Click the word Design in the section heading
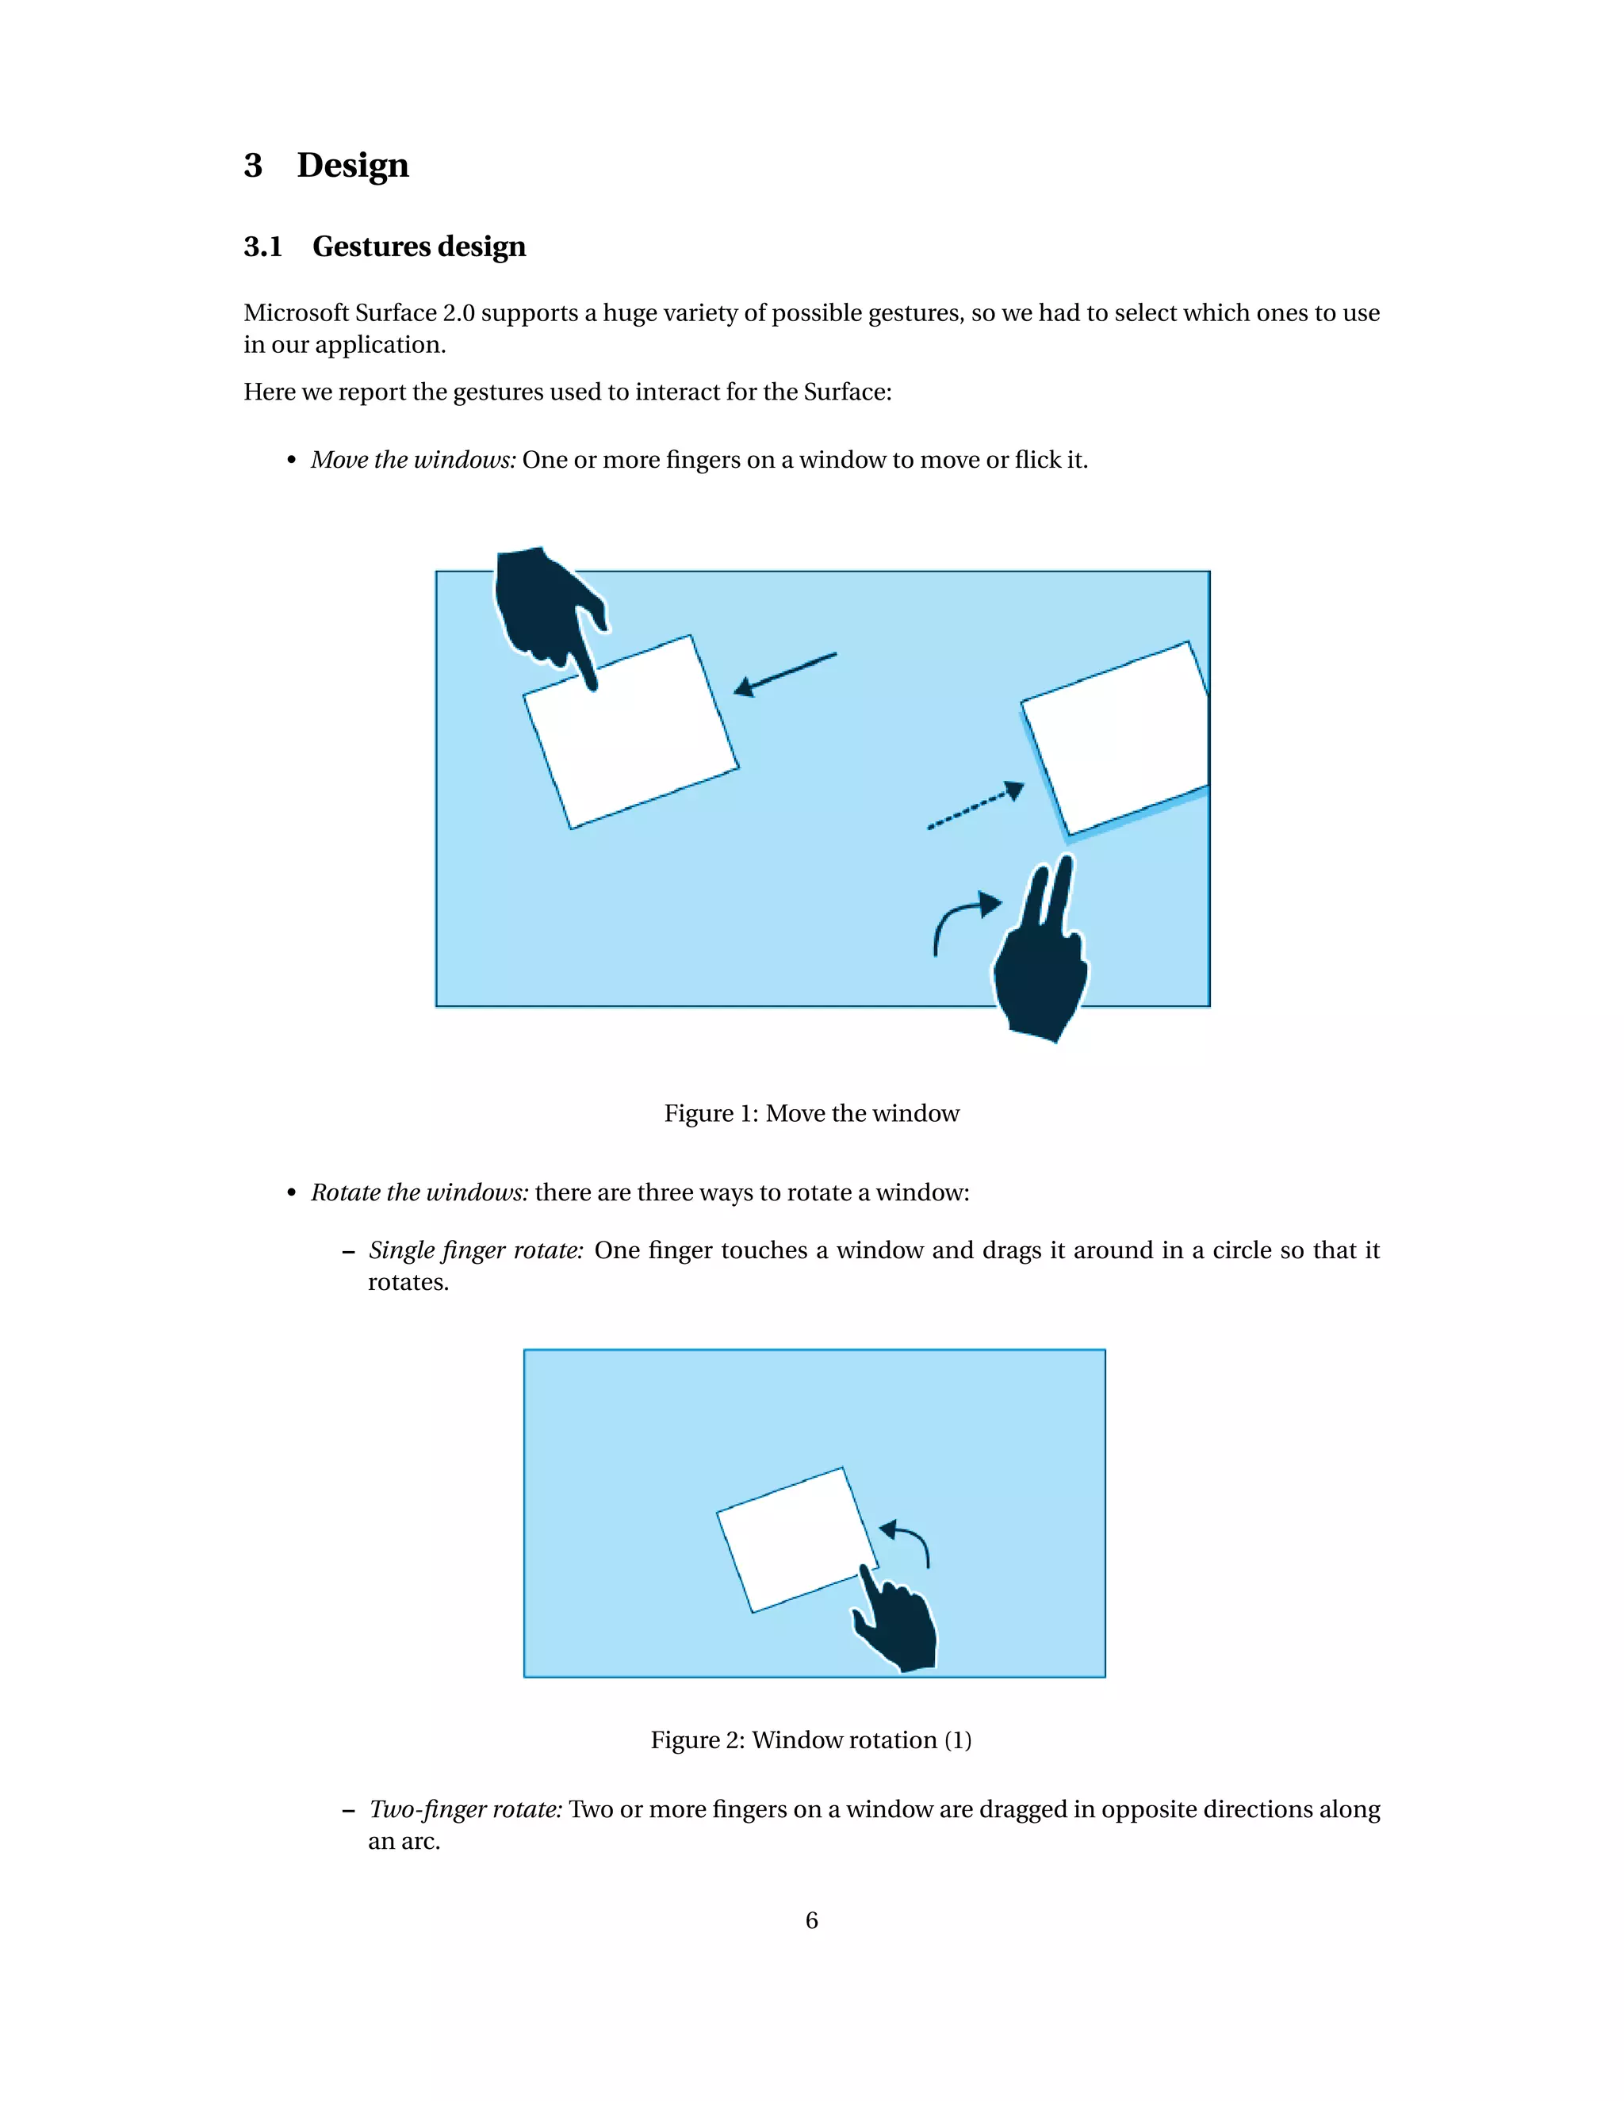coord(352,166)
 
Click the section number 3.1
coord(262,247)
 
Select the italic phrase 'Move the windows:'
coord(412,460)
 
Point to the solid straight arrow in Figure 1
coord(784,673)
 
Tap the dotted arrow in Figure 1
coord(975,806)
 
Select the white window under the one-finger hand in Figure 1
coord(631,736)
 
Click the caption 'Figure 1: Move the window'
coord(811,1114)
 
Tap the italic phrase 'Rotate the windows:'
coord(419,1193)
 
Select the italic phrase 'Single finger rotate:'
coord(475,1250)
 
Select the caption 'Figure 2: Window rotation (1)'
coord(811,1740)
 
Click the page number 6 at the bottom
coord(811,1921)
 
